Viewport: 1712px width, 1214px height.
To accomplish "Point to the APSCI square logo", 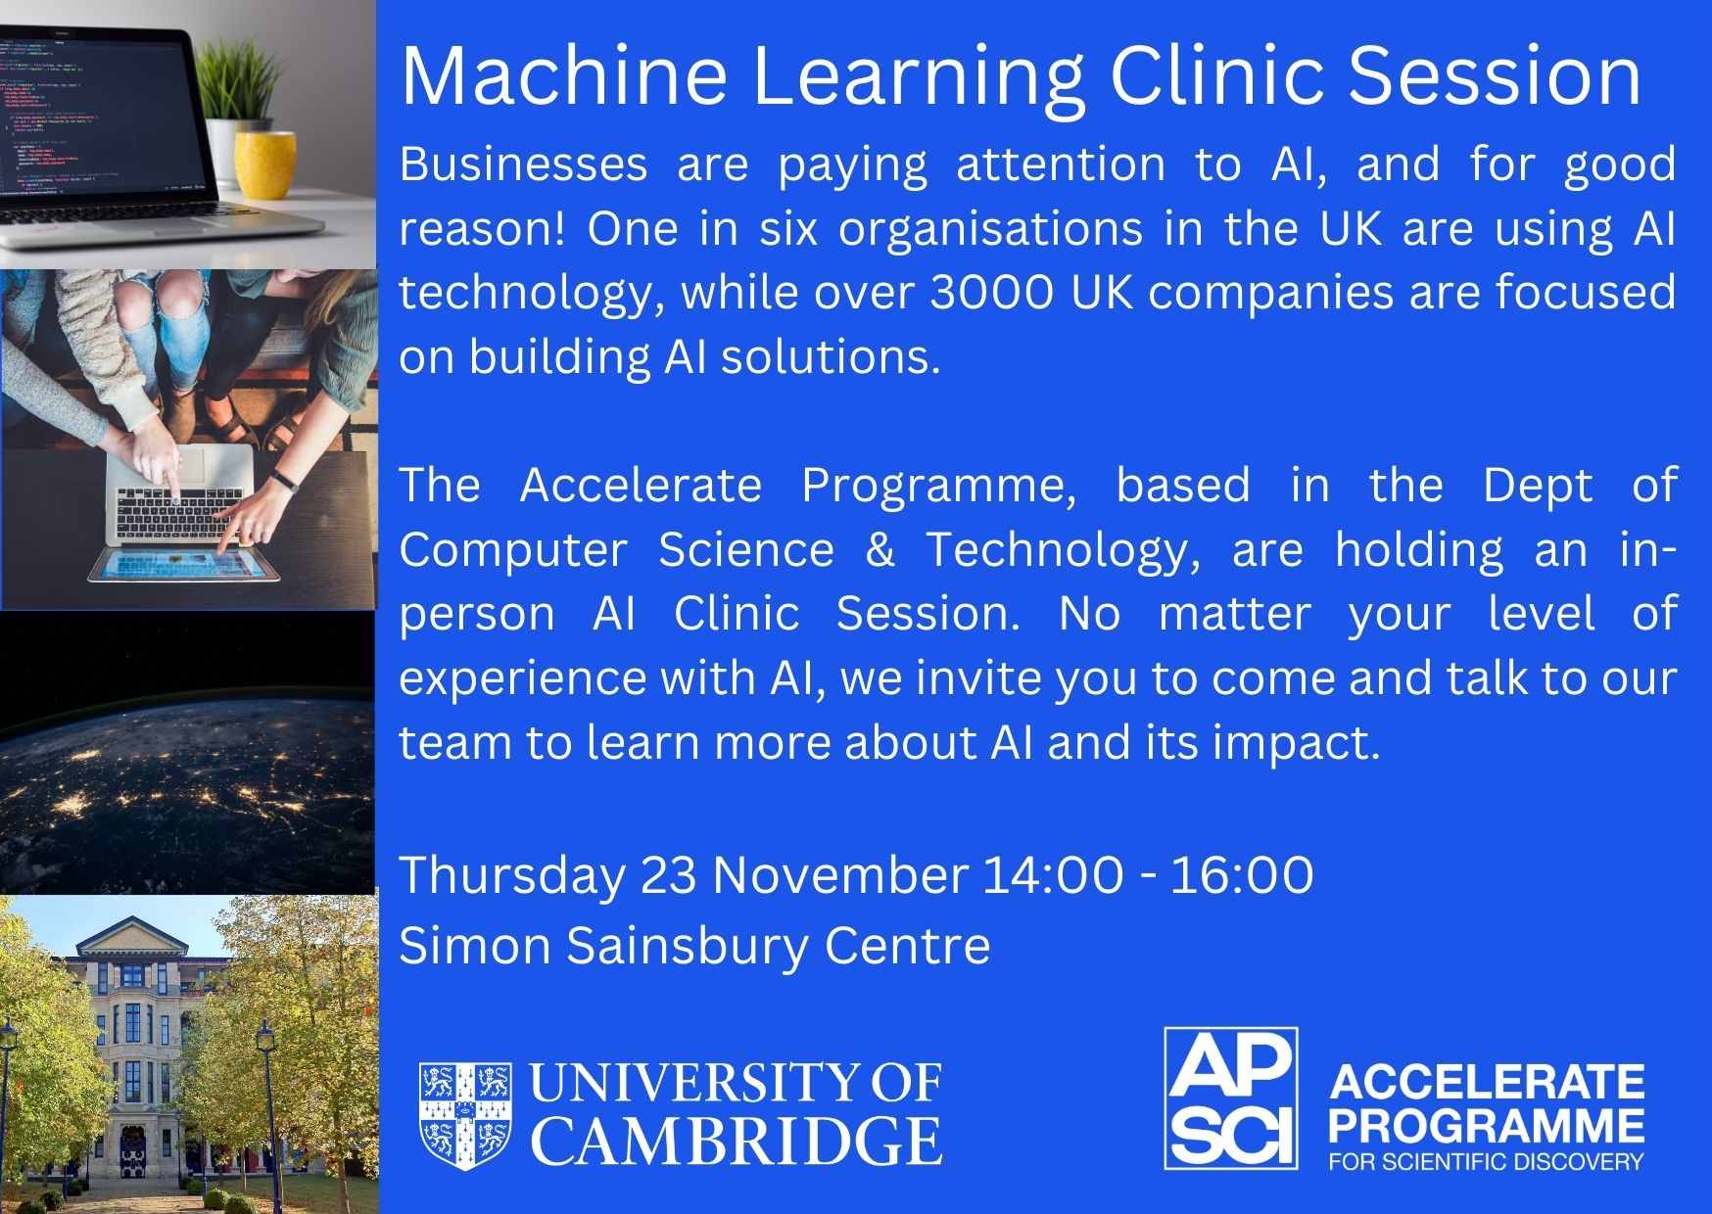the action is (x=1231, y=1098).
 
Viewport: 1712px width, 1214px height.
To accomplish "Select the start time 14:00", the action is (x=1053, y=874).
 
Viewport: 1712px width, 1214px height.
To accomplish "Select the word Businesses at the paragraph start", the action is (x=524, y=163).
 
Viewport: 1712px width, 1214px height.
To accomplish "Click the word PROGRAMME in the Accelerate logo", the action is (x=1486, y=1125).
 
